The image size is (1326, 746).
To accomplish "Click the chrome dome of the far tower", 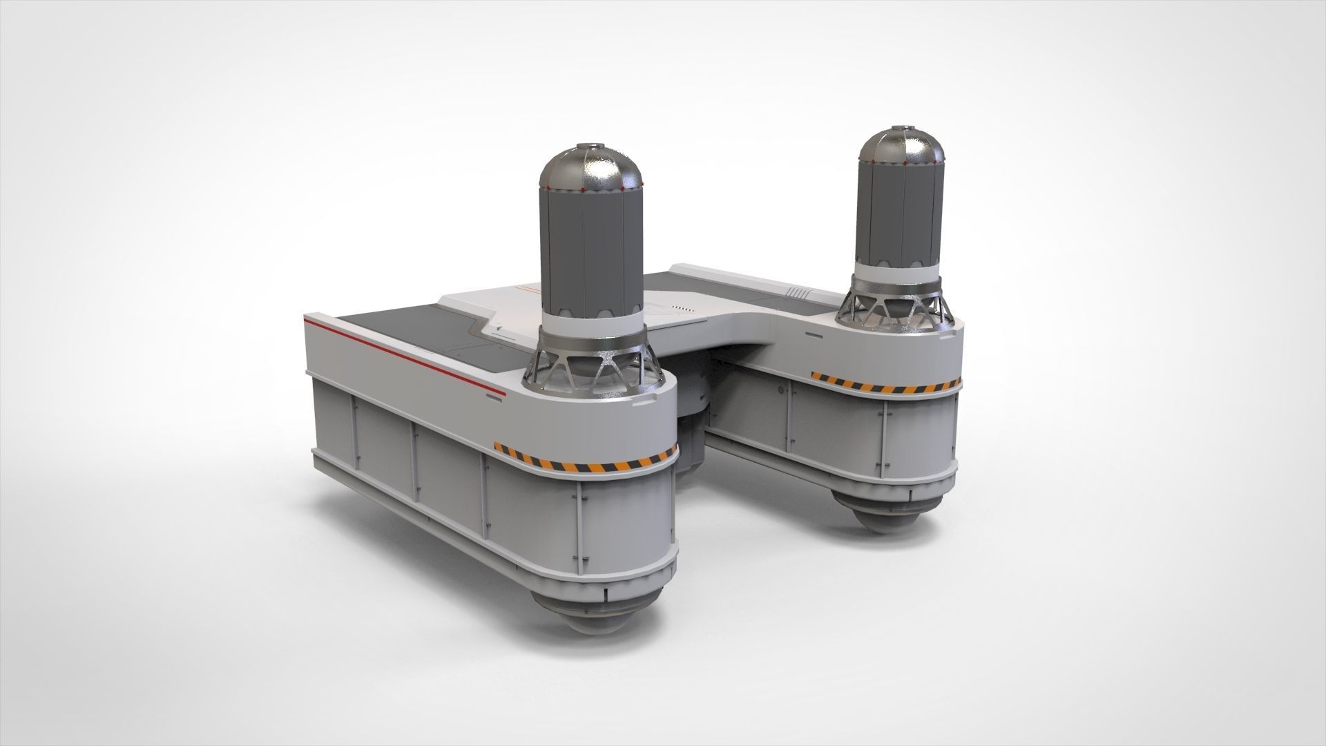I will click(x=899, y=141).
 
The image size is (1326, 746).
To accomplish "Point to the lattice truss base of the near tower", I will click(x=591, y=366).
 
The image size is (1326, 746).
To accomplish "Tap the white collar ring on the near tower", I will click(x=591, y=319).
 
